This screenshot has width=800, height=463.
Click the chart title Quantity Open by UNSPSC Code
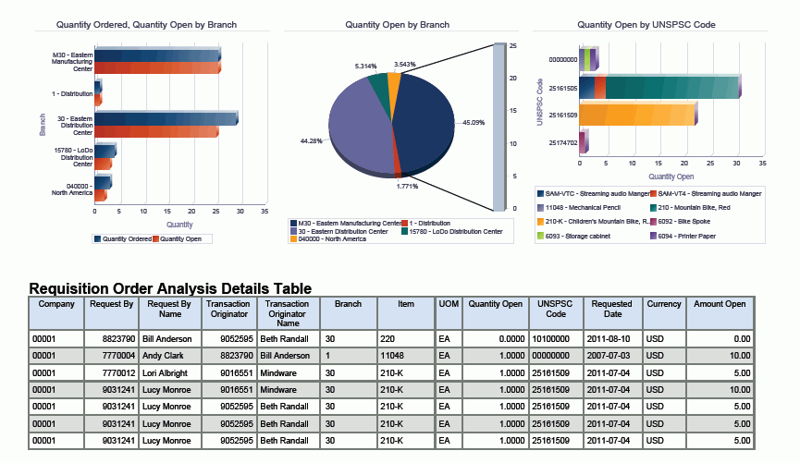(x=646, y=24)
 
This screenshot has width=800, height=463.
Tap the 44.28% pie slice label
(x=311, y=140)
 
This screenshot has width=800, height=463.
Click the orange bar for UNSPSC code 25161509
(x=636, y=115)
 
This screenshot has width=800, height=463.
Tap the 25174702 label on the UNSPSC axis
(x=563, y=142)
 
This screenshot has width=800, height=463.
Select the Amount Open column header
(x=720, y=304)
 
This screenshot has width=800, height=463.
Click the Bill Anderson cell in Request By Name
(x=167, y=339)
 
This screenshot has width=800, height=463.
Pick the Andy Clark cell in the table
(x=162, y=355)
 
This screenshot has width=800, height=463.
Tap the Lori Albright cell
(x=166, y=372)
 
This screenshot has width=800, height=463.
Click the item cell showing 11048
(x=392, y=355)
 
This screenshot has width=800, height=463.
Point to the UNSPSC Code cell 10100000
(x=551, y=339)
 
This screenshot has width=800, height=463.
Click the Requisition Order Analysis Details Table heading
(x=170, y=288)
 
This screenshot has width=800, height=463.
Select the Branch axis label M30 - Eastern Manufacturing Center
(x=71, y=61)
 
